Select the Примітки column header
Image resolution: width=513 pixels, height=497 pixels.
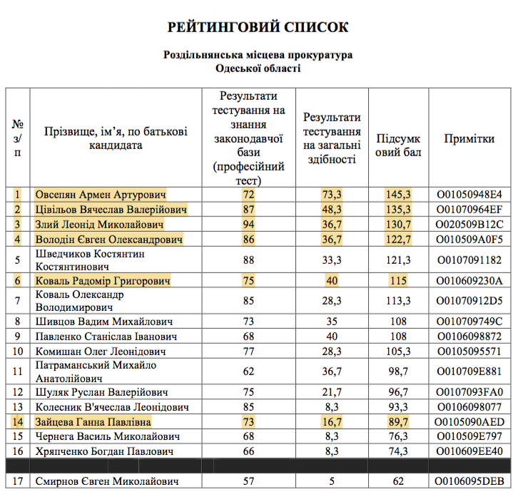[469, 139]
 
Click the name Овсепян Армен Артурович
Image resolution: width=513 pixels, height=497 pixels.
[101, 195]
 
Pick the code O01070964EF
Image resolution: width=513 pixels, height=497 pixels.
[469, 210]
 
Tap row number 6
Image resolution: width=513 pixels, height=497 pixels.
[19, 281]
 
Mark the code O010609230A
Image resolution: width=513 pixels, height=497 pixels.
[469, 281]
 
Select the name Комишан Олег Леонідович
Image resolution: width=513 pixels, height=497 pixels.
[101, 351]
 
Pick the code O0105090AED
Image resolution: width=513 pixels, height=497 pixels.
[469, 421]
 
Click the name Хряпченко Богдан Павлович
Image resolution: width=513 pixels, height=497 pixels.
[104, 451]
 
